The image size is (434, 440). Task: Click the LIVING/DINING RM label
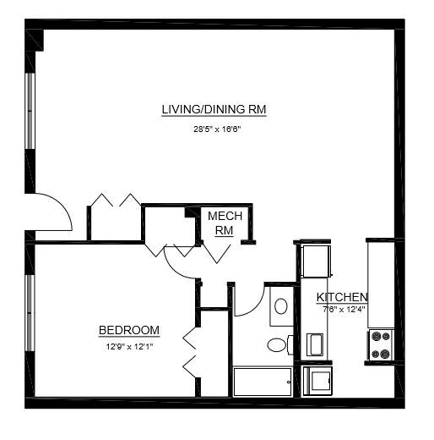pyautogui.click(x=214, y=110)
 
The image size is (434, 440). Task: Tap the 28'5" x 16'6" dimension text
pyautogui.click(x=214, y=130)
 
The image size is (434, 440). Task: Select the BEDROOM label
pyautogui.click(x=129, y=330)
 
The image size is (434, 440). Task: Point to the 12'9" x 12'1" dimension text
pyautogui.click(x=129, y=345)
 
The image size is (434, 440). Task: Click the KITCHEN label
pyautogui.click(x=342, y=297)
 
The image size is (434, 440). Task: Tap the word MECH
pyautogui.click(x=225, y=217)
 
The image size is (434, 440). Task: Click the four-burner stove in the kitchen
pyautogui.click(x=380, y=344)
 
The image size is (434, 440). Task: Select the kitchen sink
pyautogui.click(x=315, y=344)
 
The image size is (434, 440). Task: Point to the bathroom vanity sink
pyautogui.click(x=281, y=305)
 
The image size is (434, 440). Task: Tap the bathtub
pyautogui.click(x=262, y=381)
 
